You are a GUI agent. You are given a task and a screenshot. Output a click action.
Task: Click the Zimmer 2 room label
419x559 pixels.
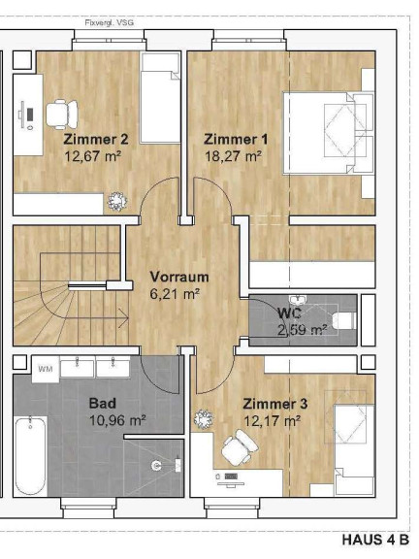click(96, 139)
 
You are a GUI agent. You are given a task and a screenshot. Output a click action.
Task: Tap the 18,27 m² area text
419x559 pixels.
click(234, 156)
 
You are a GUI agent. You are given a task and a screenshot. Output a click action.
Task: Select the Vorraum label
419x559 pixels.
click(179, 277)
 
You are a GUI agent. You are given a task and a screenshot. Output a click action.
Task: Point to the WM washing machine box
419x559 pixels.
click(46, 369)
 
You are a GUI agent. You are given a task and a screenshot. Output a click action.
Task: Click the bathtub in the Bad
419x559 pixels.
click(31, 456)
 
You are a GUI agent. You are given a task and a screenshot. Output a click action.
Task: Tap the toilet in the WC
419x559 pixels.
click(344, 321)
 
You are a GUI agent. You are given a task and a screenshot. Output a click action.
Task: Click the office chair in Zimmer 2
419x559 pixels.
click(62, 115)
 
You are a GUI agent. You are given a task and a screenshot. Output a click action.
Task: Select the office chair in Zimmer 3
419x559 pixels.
click(240, 447)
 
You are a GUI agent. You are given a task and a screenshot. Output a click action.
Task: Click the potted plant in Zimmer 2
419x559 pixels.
click(117, 202)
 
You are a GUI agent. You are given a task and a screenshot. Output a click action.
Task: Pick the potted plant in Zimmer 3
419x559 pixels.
click(204, 419)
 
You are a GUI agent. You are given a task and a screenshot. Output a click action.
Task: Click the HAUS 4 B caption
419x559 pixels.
click(375, 540)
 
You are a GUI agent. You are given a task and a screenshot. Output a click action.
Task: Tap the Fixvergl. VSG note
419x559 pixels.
click(110, 23)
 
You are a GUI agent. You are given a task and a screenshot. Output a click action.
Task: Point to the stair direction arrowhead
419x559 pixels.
click(125, 318)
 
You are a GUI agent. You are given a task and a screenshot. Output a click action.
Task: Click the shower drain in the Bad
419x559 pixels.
click(156, 465)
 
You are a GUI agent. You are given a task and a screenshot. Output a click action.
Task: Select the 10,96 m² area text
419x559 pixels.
click(117, 420)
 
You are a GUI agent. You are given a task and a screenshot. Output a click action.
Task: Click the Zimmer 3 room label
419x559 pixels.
click(275, 404)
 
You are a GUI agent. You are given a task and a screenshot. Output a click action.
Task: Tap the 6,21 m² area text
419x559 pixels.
click(175, 294)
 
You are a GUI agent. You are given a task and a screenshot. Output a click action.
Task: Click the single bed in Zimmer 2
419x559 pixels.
click(160, 98)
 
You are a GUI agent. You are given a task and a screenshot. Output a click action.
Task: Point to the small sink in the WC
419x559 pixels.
click(296, 299)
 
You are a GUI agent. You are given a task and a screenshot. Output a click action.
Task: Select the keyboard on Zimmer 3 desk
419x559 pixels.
click(231, 477)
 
